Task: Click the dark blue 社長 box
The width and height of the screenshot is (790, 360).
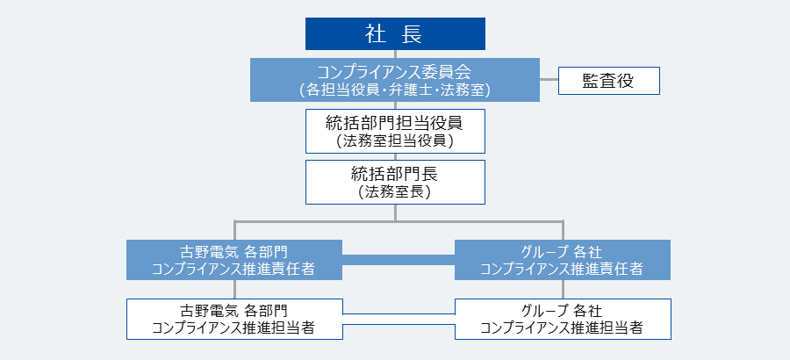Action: click(x=395, y=33)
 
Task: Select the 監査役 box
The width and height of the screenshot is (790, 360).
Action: click(x=608, y=81)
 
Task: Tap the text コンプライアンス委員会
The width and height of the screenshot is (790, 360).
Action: click(x=395, y=72)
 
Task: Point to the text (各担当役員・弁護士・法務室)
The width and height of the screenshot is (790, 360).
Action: click(x=395, y=90)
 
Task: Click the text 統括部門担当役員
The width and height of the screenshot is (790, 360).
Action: click(x=395, y=123)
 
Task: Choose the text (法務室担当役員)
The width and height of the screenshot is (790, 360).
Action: click(x=395, y=140)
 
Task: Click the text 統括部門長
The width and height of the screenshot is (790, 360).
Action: click(x=395, y=175)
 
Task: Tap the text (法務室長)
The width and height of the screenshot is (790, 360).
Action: click(x=395, y=192)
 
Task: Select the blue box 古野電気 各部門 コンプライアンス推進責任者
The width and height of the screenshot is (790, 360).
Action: click(x=234, y=260)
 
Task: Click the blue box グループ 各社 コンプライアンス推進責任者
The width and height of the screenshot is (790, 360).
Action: click(x=563, y=260)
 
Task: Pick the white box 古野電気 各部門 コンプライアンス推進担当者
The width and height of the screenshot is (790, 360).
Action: click(x=234, y=319)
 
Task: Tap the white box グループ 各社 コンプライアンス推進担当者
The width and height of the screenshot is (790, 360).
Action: click(x=563, y=319)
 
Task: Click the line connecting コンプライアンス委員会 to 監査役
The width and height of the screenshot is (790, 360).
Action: click(x=549, y=80)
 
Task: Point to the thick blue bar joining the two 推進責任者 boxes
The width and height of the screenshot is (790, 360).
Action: click(x=399, y=260)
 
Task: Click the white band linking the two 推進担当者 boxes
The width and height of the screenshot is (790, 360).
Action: click(x=399, y=319)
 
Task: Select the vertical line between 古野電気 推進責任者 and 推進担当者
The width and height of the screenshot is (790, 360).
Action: click(x=234, y=290)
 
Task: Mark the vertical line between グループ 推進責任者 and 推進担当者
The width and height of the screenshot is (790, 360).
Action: click(x=563, y=290)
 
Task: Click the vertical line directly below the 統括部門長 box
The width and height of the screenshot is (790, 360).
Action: click(x=396, y=212)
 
